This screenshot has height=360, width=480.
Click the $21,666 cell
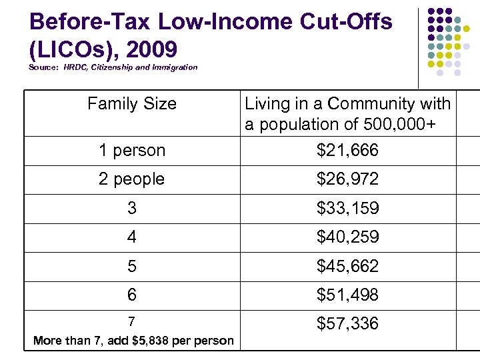[347, 151]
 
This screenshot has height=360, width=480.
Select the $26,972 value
[347, 179]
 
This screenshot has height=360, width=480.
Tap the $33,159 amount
[347, 209]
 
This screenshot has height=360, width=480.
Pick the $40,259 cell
[347, 237]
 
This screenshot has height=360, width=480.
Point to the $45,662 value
[347, 267]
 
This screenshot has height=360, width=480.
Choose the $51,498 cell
[347, 295]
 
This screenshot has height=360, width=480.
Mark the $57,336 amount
[347, 324]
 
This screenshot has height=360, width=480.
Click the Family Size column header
[132, 104]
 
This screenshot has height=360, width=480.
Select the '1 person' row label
[132, 151]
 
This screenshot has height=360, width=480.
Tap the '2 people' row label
[132, 179]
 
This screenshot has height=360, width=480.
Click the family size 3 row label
[132, 209]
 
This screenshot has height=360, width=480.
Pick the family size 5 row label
[132, 267]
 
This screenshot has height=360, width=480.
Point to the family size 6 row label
[132, 295]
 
